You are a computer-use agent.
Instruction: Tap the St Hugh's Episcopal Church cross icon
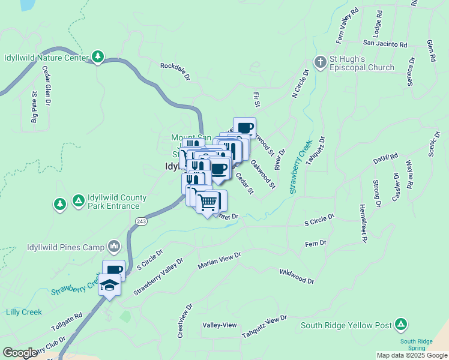tap(321, 62)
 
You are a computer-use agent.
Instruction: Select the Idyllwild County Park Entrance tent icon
tap(78, 200)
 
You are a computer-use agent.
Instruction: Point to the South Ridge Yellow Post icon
tap(400, 325)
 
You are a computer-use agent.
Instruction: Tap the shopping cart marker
tap(208, 202)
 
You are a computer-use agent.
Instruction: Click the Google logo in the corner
tap(20, 353)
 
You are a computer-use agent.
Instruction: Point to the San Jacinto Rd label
tap(385, 44)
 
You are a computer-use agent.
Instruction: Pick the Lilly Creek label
tap(23, 312)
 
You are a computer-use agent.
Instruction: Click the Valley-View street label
tap(220, 325)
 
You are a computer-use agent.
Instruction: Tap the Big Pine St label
tap(34, 107)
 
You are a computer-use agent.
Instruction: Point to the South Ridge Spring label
tap(417, 344)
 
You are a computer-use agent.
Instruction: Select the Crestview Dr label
tap(185, 320)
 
